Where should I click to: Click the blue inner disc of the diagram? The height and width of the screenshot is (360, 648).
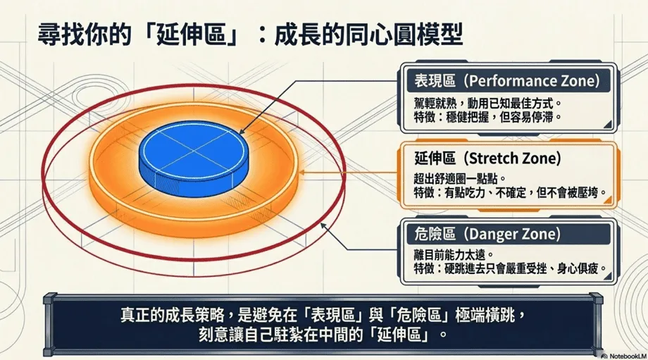[x=194, y=159]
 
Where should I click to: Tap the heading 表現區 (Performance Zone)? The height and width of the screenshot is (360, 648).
[x=506, y=81]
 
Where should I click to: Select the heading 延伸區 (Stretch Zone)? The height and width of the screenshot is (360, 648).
[x=487, y=159]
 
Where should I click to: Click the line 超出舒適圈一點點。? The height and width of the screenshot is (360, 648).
[x=460, y=180]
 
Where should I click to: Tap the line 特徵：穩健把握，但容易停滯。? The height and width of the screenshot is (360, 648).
[x=487, y=118]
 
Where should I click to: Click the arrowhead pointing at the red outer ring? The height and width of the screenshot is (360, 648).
[x=323, y=226]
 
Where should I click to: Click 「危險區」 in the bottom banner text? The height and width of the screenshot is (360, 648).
[x=418, y=316]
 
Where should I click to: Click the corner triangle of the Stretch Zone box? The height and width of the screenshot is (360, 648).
[x=608, y=201]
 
